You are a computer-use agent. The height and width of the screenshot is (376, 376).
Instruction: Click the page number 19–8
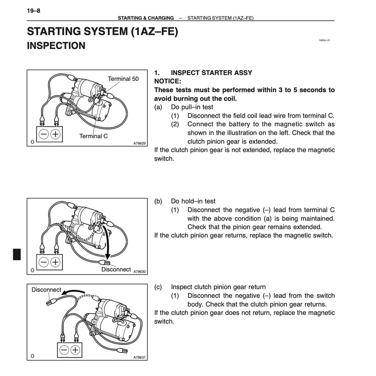click(x=33, y=11)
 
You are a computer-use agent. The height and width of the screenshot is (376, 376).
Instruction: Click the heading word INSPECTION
click(x=56, y=46)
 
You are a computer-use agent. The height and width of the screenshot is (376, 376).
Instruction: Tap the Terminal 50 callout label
click(x=123, y=79)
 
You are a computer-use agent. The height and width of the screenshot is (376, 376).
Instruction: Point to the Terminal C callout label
click(x=94, y=136)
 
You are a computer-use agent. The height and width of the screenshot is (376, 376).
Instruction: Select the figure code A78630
click(x=140, y=272)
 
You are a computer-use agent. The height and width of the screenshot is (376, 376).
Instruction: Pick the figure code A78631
click(x=140, y=357)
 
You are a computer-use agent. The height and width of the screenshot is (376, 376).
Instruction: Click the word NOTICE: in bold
click(x=168, y=81)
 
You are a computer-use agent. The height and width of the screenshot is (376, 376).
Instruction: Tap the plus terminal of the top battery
click(x=55, y=134)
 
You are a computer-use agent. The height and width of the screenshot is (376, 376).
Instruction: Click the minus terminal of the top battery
click(x=44, y=134)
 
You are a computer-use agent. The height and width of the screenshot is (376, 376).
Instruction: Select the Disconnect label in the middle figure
click(x=116, y=270)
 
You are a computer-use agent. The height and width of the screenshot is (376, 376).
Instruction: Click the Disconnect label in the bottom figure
click(x=46, y=290)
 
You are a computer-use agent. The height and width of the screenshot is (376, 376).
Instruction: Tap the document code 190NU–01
click(x=324, y=41)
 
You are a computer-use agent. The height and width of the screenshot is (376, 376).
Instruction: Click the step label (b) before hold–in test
click(x=158, y=201)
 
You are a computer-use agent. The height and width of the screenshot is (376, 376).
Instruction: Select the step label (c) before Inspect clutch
click(x=158, y=287)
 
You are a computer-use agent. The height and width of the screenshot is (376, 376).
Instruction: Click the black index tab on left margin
click(x=17, y=254)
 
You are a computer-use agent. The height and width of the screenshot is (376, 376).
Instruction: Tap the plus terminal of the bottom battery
click(x=75, y=350)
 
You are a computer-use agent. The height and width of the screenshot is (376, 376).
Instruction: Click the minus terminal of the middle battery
click(x=44, y=262)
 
